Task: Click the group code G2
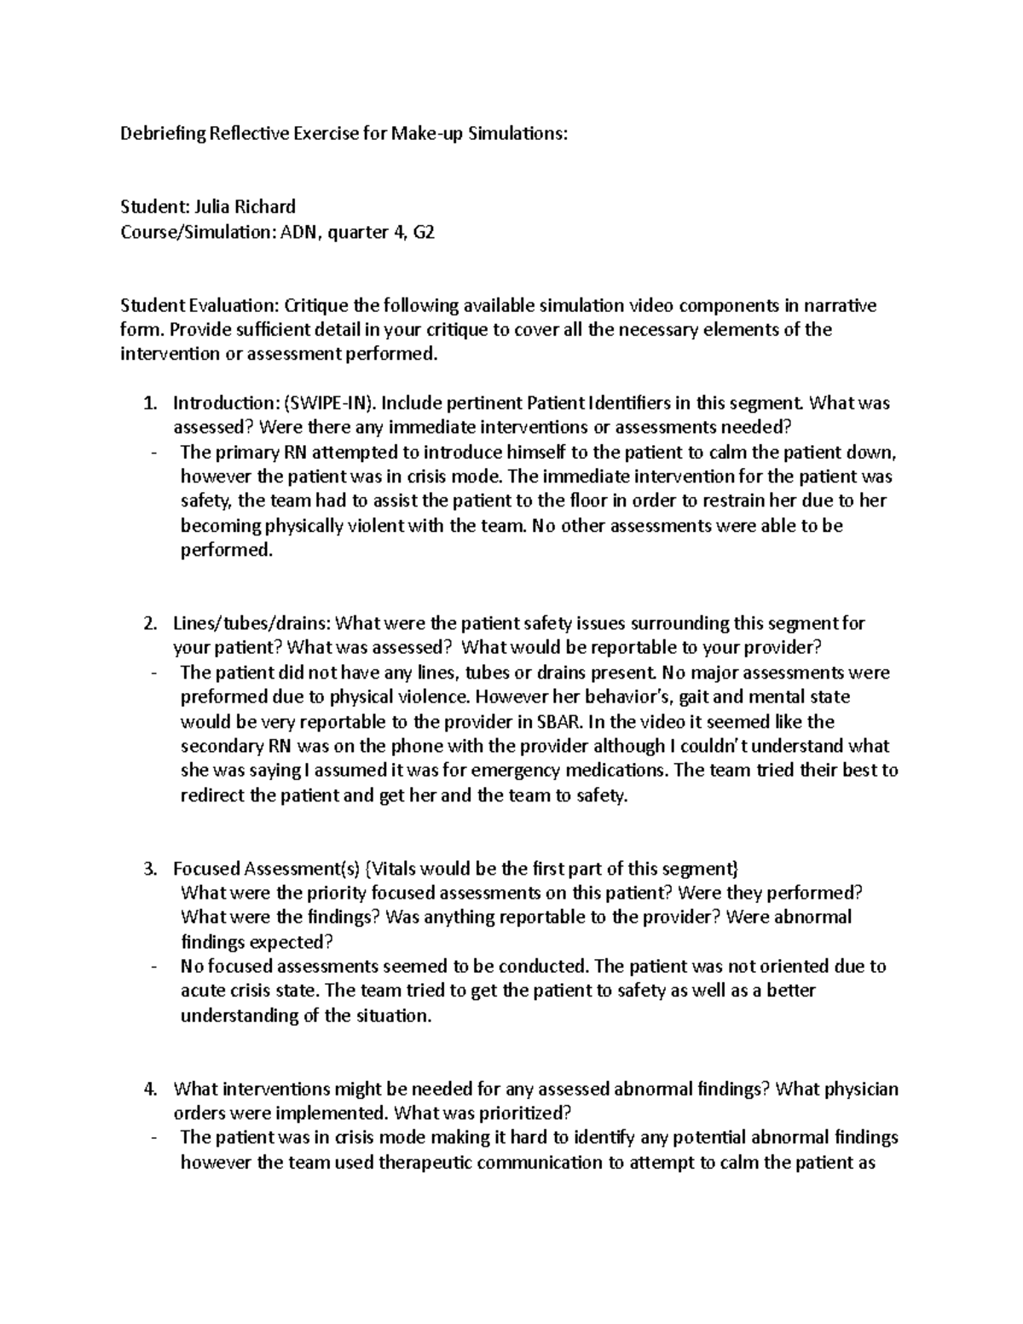(x=423, y=231)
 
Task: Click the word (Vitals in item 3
(x=391, y=869)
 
